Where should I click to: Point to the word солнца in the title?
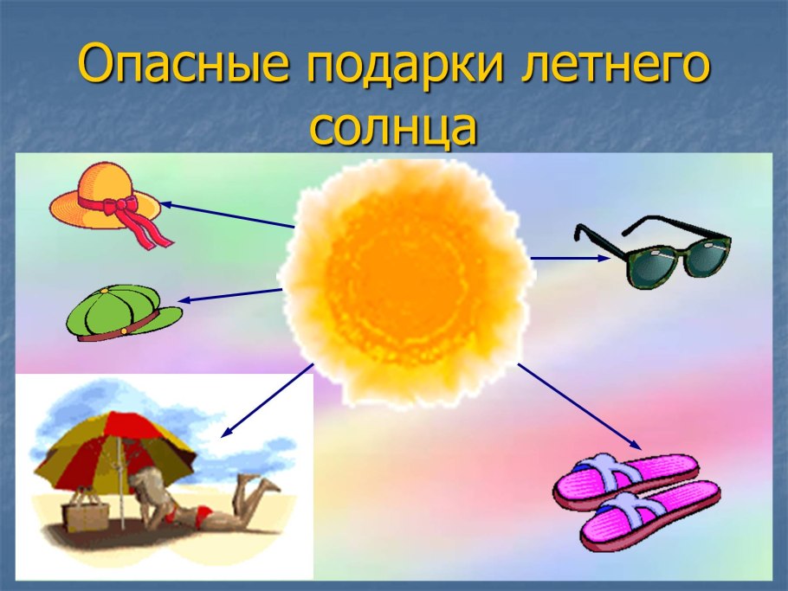393,128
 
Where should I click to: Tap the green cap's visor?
160,317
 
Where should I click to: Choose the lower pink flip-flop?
649,519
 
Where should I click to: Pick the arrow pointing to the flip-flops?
580,407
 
